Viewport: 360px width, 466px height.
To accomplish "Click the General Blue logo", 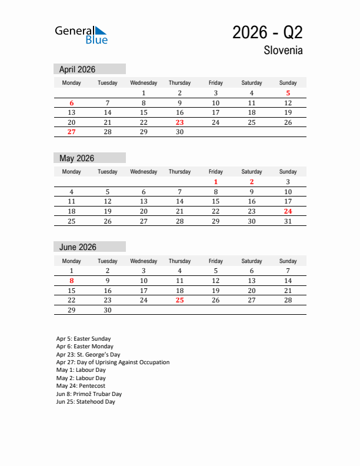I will click(81, 35).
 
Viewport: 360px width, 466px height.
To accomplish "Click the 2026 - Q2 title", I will click(268, 32).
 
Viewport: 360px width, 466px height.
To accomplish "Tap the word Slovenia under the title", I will click(284, 51).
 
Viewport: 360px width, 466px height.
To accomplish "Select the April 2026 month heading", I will click(77, 69).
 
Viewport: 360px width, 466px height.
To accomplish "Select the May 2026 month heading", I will click(76, 158).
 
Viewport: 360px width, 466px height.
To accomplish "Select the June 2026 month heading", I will click(78, 247).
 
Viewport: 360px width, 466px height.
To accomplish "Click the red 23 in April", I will click(179, 122).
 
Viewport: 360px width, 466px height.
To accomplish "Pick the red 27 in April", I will click(71, 132).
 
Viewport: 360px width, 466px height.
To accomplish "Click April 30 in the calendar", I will click(179, 132).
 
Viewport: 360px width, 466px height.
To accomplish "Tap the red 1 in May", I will click(216, 182).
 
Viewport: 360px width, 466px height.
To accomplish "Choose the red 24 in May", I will click(288, 211).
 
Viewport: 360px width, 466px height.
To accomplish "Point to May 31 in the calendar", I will click(288, 221).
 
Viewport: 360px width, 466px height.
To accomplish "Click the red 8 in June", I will click(71, 281).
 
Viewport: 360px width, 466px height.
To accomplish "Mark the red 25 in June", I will click(179, 300).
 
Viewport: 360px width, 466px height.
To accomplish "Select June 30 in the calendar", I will click(107, 310).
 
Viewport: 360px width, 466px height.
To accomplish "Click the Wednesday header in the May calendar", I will click(144, 172).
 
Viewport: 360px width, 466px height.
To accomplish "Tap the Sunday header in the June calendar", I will click(288, 261).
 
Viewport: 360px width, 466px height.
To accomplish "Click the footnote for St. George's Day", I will click(88, 355).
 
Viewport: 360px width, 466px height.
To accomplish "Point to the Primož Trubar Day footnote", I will click(89, 394).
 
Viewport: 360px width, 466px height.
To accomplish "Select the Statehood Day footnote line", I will click(85, 402).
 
